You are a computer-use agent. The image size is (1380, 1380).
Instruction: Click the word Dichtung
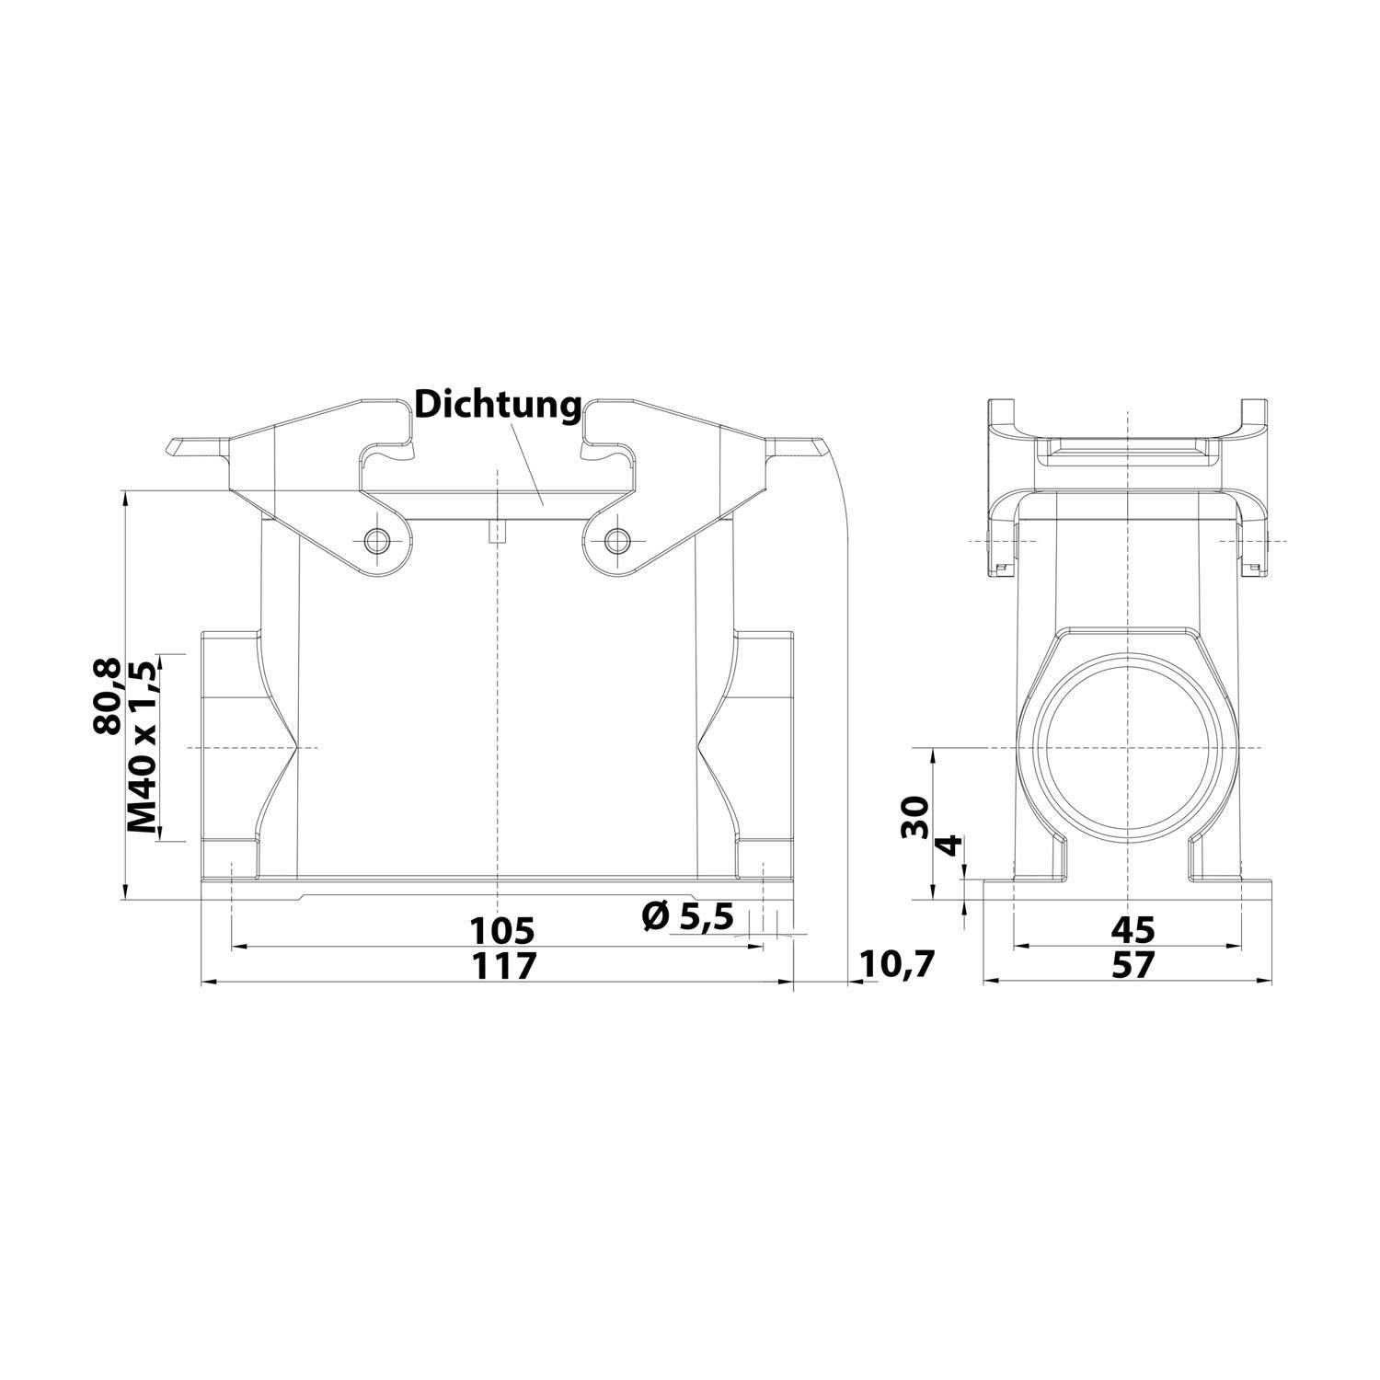click(x=498, y=405)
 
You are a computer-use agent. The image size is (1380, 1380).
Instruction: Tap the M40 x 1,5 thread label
click(x=144, y=746)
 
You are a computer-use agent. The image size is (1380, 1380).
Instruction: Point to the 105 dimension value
click(x=501, y=930)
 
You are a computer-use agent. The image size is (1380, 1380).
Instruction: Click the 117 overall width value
click(x=501, y=966)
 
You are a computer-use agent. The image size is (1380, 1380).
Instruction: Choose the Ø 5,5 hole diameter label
click(x=688, y=915)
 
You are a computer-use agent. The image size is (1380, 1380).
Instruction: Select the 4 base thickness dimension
click(x=950, y=845)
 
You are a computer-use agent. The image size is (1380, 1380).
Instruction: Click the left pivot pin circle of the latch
click(x=375, y=540)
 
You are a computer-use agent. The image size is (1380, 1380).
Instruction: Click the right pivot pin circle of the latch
click(x=617, y=540)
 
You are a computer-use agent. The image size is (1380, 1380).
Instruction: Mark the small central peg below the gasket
click(x=497, y=533)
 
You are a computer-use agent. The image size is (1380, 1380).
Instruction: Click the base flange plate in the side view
click(x=1128, y=890)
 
